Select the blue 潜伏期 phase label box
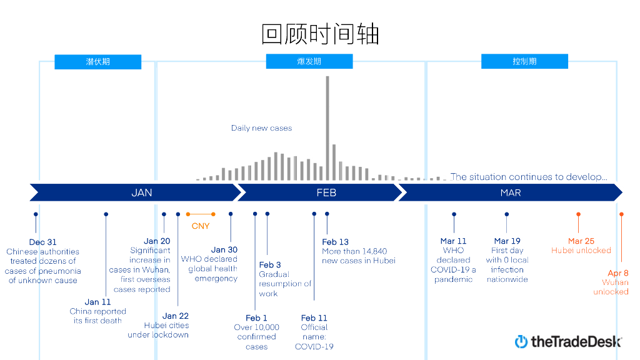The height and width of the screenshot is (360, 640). pyautogui.click(x=97, y=62)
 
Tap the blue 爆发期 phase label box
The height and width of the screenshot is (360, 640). pyautogui.click(x=309, y=61)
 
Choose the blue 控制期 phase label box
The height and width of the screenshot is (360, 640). pyautogui.click(x=524, y=61)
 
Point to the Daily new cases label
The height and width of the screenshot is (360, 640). pyautogui.click(x=261, y=128)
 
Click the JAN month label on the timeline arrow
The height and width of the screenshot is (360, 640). pyautogui.click(x=142, y=192)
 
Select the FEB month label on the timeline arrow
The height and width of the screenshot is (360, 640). pyautogui.click(x=326, y=192)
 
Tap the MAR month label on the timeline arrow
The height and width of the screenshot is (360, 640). pyautogui.click(x=511, y=192)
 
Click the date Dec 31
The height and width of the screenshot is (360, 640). pyautogui.click(x=42, y=242)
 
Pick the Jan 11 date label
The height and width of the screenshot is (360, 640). pyautogui.click(x=97, y=302)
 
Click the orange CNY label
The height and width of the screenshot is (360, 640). pyautogui.click(x=201, y=226)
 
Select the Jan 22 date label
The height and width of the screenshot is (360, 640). pyautogui.click(x=176, y=316)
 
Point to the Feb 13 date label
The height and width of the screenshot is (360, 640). pyautogui.click(x=336, y=242)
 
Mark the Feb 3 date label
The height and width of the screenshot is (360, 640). pyautogui.click(x=270, y=265)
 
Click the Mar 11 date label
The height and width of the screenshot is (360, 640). pyautogui.click(x=453, y=241)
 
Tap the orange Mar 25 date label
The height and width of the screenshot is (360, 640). pyautogui.click(x=581, y=241)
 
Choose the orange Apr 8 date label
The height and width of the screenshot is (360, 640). pyautogui.click(x=618, y=273)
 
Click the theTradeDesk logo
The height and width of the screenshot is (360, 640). pyautogui.click(x=568, y=341)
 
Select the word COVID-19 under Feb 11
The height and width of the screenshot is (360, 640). pyautogui.click(x=314, y=346)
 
